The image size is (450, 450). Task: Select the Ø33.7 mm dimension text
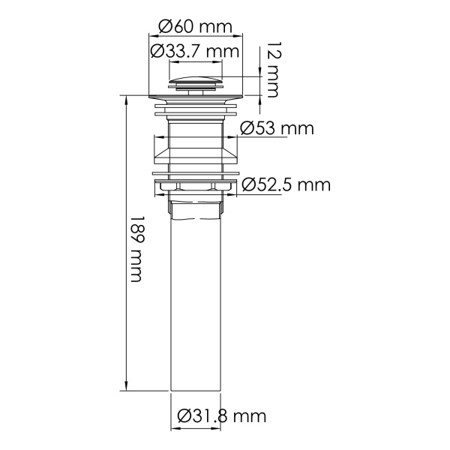[194, 51]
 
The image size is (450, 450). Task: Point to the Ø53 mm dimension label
[277, 128]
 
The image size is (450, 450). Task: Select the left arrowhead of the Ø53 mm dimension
[157, 138]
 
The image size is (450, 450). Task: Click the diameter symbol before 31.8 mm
[186, 415]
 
